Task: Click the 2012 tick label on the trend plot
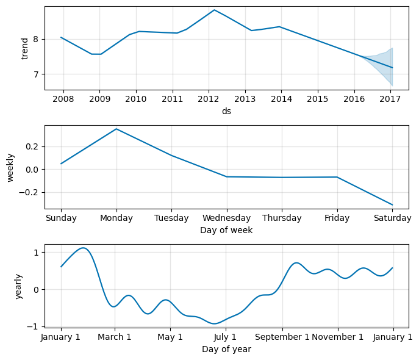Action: (x=209, y=99)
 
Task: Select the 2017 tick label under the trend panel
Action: (x=390, y=99)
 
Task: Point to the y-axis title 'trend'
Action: (x=25, y=49)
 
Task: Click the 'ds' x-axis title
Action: (x=227, y=111)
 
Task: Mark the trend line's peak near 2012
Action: (x=215, y=10)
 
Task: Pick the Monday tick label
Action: (x=116, y=218)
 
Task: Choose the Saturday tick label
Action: (x=392, y=218)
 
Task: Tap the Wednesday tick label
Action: (x=227, y=218)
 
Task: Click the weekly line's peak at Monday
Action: (x=116, y=129)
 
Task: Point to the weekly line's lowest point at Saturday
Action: (x=392, y=204)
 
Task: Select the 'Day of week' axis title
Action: (x=227, y=230)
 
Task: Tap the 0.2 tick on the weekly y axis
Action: (x=32, y=146)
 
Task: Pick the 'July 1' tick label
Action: (x=226, y=337)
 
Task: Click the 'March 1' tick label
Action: (x=115, y=337)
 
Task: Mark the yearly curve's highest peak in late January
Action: (x=84, y=248)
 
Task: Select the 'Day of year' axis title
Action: (x=227, y=349)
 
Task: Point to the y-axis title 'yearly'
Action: (x=19, y=287)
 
